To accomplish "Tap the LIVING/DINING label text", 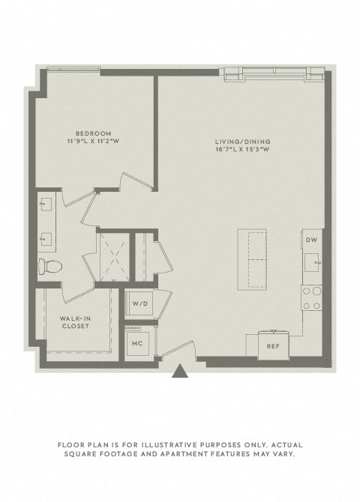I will tap(243, 142).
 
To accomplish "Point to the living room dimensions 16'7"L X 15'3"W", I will tap(243, 150).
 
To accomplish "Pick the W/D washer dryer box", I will tap(139, 304).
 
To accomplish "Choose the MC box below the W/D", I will tap(138, 342).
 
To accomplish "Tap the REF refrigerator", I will tap(274, 345).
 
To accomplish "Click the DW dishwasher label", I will tap(311, 240).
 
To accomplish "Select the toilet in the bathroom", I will tap(49, 265).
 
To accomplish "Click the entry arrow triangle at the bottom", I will tap(179, 371).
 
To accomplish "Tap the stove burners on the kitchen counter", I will tap(312, 298).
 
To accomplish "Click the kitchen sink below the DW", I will tap(313, 261).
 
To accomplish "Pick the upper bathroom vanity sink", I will tap(46, 204).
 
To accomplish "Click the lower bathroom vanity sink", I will tap(46, 238).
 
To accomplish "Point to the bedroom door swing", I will tap(133, 183).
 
